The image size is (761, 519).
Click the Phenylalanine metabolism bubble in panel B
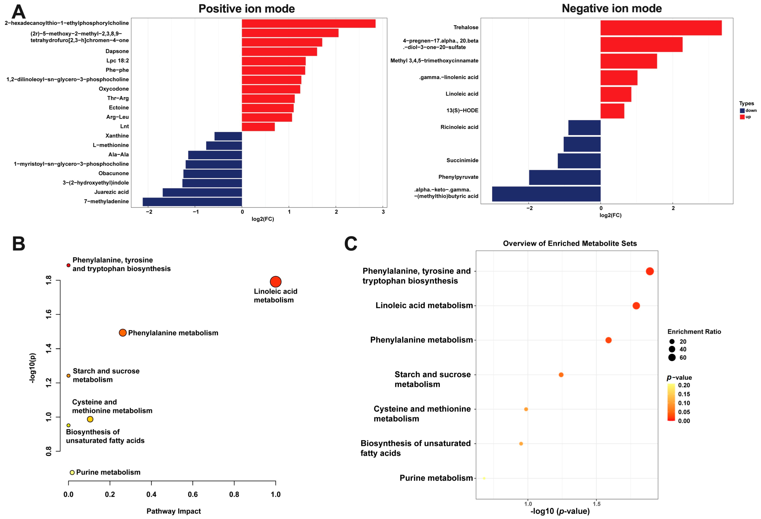coord(123,333)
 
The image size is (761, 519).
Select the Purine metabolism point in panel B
coord(72,472)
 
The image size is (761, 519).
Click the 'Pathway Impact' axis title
coord(174,511)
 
